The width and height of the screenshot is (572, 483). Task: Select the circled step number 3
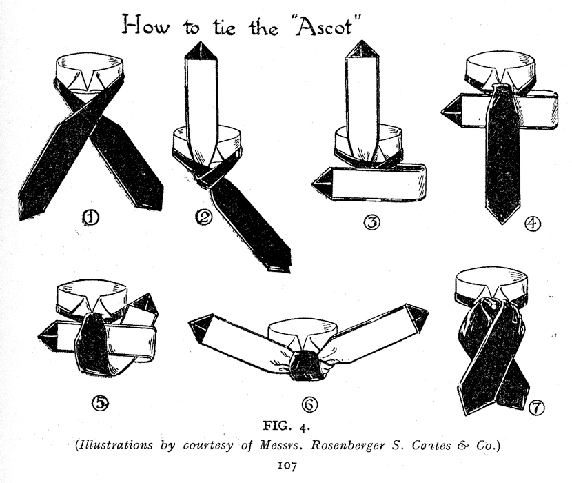(x=371, y=223)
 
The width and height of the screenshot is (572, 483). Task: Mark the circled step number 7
(x=535, y=408)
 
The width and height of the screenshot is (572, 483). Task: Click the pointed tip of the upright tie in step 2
(x=203, y=50)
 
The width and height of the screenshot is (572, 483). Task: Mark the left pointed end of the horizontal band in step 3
(x=321, y=184)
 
